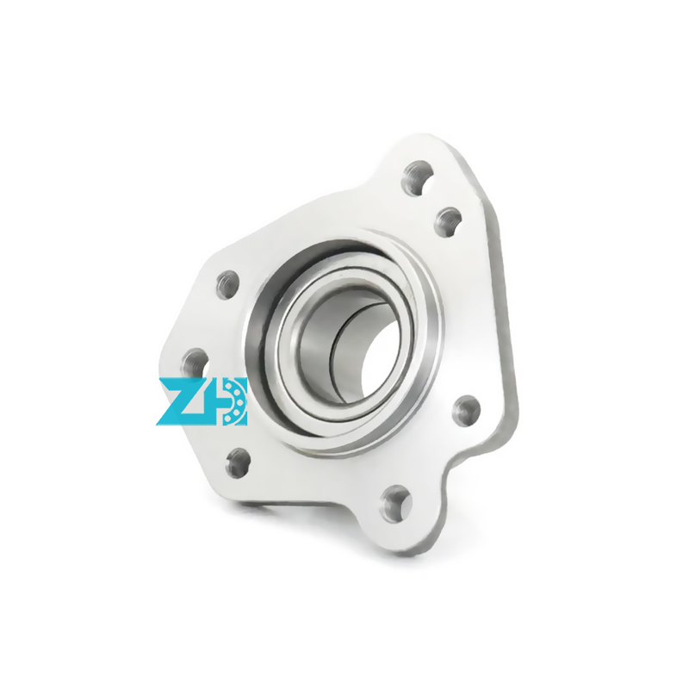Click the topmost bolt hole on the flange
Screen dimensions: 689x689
point(419,177)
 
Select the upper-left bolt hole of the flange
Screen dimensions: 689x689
point(228,284)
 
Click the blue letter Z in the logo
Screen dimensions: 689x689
point(180,401)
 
